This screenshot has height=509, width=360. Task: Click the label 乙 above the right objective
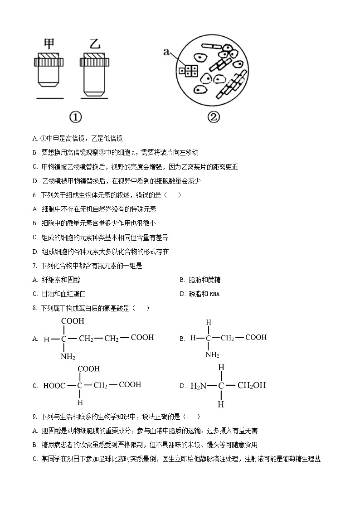point(95,45)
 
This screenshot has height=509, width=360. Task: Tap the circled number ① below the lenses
point(76,117)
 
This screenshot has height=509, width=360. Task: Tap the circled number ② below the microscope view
point(214,117)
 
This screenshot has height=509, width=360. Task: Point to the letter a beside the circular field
point(166,52)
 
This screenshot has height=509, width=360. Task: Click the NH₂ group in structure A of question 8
point(68,357)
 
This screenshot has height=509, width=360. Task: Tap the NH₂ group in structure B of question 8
point(212,355)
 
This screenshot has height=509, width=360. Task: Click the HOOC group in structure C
point(54,386)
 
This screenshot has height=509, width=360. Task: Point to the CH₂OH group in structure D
point(252,386)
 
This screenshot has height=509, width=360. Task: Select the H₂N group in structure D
point(198,386)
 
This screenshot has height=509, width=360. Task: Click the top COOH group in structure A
point(73,321)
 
